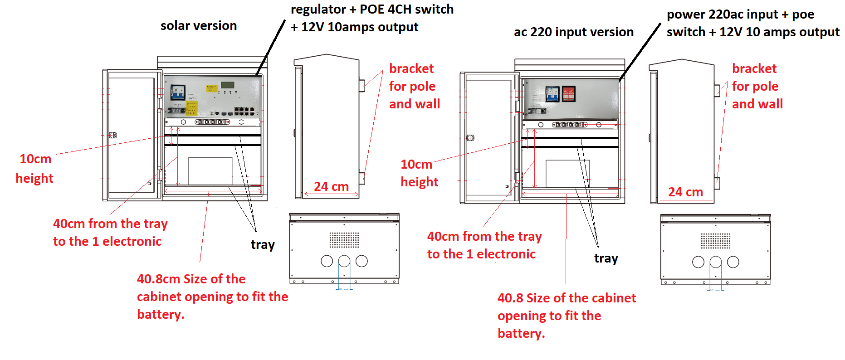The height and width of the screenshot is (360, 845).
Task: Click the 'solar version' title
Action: point(199,26)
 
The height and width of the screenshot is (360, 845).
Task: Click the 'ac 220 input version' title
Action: point(573,32)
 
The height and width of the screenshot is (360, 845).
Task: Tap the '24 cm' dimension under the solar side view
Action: point(331,187)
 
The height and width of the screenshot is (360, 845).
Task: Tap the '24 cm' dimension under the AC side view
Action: point(685,192)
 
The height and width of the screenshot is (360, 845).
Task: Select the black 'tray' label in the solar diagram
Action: point(263,245)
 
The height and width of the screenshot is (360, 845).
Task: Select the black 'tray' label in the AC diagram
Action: point(606,258)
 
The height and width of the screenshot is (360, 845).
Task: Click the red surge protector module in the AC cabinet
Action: point(569,94)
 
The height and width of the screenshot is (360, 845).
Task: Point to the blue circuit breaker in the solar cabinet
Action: point(177,92)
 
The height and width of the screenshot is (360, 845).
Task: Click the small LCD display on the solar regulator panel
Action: point(227,85)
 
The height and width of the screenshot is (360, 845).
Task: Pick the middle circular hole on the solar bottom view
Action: point(344,261)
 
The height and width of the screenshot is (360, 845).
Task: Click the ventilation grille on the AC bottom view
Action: point(715,241)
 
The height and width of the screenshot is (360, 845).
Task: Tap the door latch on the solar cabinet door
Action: point(113,135)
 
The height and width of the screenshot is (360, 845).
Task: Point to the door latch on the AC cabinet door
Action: point(470,138)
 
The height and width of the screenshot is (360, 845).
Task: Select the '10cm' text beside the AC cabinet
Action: point(416,165)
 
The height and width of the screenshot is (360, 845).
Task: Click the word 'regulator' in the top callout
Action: point(318,10)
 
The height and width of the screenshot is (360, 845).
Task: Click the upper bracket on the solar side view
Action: point(362,85)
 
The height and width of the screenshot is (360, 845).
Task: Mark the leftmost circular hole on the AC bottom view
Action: point(698,262)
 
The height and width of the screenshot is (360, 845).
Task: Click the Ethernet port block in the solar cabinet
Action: point(244,111)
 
